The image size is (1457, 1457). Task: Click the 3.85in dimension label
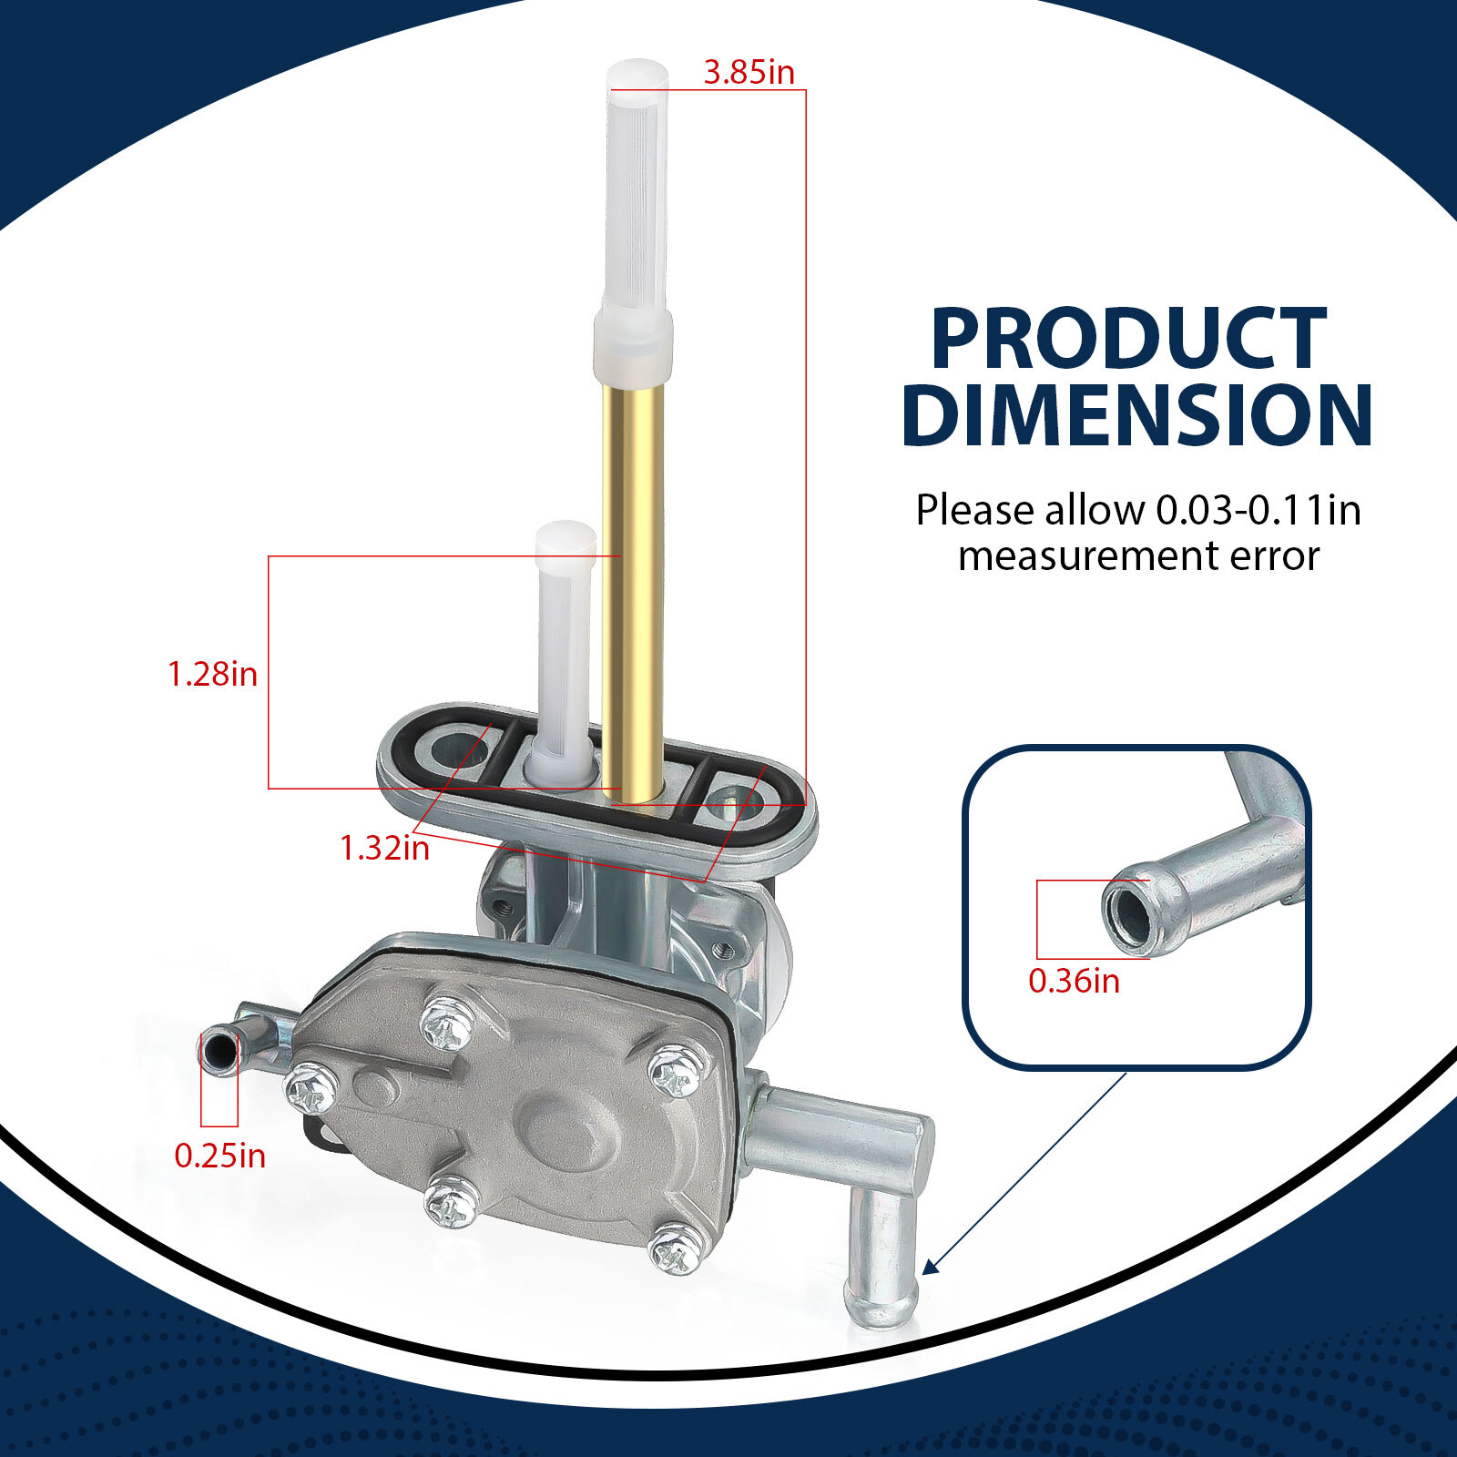749,73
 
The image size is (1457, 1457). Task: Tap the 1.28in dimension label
213,675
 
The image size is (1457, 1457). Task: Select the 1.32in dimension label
384,848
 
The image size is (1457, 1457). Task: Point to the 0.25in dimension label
220,1156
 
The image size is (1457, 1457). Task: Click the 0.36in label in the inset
1075,981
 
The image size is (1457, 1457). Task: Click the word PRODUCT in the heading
1128,339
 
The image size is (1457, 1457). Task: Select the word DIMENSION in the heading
1137,414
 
